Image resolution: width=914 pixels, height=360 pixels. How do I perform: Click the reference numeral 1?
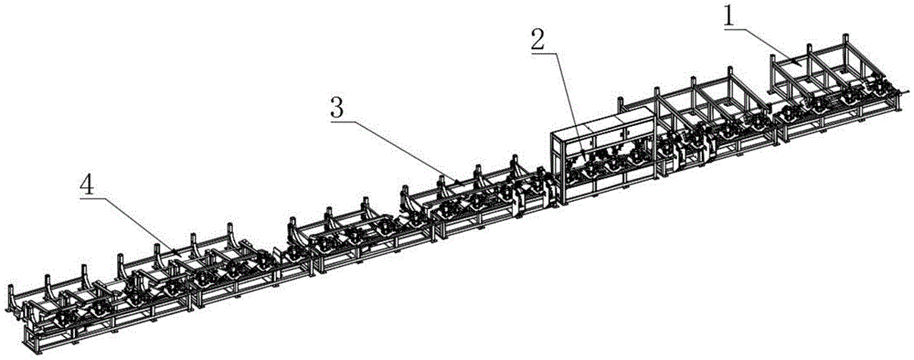(x=728, y=17)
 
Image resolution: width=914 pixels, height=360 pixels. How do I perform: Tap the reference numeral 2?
(x=538, y=39)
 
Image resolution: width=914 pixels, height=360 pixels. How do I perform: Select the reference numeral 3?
(x=337, y=109)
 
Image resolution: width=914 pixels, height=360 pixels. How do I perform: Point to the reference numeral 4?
(x=87, y=185)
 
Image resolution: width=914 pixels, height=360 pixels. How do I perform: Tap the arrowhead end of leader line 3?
(x=458, y=181)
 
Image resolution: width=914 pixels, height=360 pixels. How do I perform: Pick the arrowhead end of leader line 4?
(x=179, y=251)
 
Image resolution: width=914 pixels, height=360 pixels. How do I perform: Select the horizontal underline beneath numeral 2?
(x=541, y=52)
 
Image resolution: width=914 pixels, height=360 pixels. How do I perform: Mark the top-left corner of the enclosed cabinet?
(x=551, y=132)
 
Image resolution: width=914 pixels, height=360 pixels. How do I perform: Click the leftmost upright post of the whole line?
(x=10, y=298)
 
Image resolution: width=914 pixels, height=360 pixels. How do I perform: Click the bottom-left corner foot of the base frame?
(x=35, y=350)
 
